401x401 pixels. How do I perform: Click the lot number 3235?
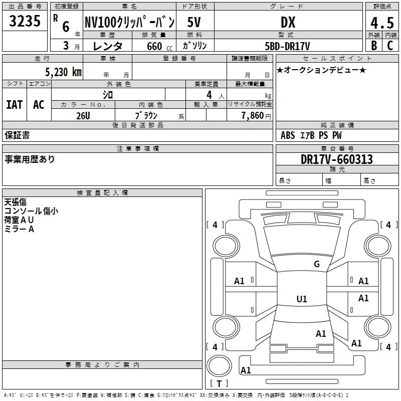click(x=25, y=22)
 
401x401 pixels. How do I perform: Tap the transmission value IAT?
click(x=14, y=104)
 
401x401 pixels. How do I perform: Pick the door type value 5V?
click(x=195, y=23)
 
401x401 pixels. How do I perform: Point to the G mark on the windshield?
click(x=316, y=264)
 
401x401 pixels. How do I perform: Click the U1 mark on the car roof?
click(x=301, y=299)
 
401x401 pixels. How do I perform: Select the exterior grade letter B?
click(x=373, y=45)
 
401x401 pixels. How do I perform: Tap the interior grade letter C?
click(x=389, y=45)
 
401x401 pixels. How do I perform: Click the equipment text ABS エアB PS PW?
click(x=311, y=135)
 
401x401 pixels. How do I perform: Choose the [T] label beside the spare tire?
click(x=219, y=384)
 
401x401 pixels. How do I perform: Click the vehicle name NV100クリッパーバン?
click(x=129, y=23)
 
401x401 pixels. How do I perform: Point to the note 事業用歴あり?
click(x=30, y=159)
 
